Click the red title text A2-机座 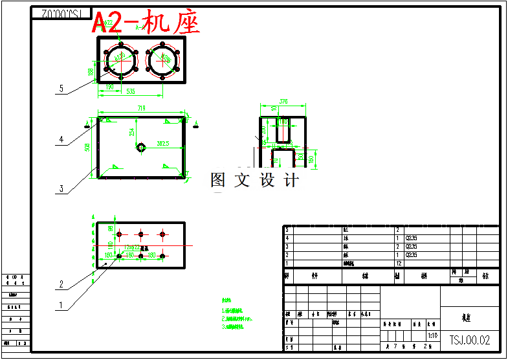146,23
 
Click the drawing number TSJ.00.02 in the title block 470,339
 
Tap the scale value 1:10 432,337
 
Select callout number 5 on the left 61,89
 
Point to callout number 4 61,139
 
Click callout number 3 61,188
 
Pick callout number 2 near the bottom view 61,284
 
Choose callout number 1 61,304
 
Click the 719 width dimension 140,108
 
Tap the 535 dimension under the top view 130,92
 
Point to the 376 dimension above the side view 283,102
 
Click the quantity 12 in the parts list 399,263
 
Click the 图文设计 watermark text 254,181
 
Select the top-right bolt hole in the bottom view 162,234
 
